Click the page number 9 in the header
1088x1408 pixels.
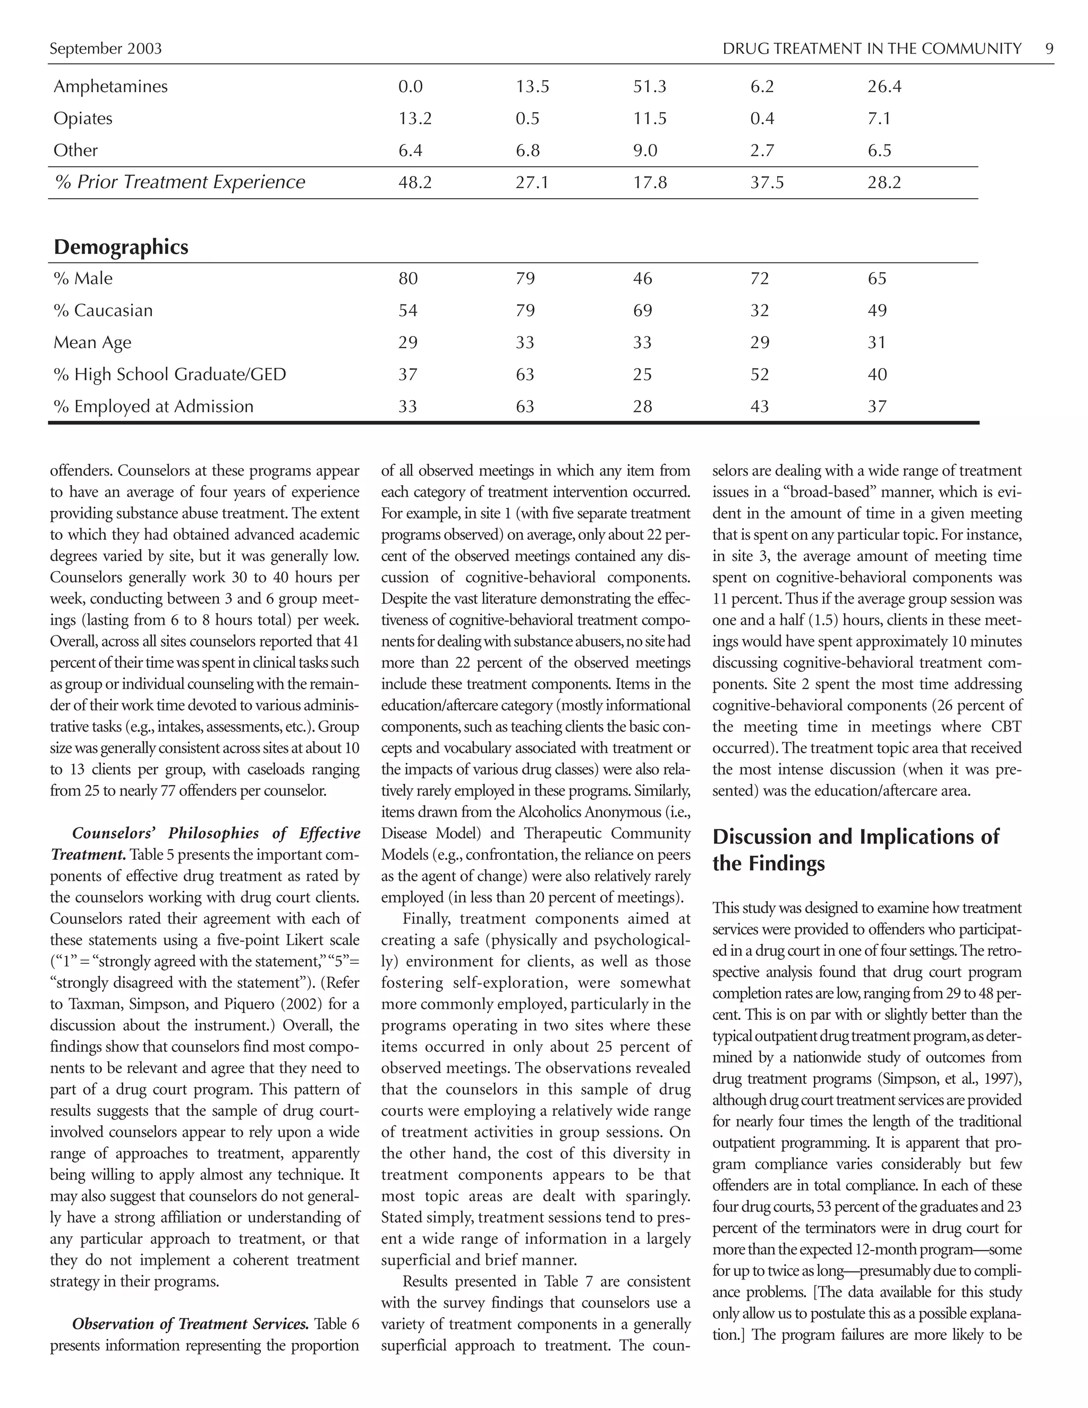[1049, 49]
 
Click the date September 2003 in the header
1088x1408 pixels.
[106, 49]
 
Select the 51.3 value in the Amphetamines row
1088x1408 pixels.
[650, 87]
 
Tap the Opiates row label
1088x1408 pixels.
[82, 118]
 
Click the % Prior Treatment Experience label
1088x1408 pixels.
[180, 182]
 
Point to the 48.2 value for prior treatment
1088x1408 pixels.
[414, 182]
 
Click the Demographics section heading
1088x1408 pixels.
[121, 247]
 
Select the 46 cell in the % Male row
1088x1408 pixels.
[643, 278]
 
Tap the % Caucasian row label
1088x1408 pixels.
[103, 311]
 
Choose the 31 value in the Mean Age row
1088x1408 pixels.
[877, 342]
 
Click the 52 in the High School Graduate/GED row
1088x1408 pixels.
[760, 375]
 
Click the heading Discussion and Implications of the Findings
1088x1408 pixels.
[855, 850]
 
